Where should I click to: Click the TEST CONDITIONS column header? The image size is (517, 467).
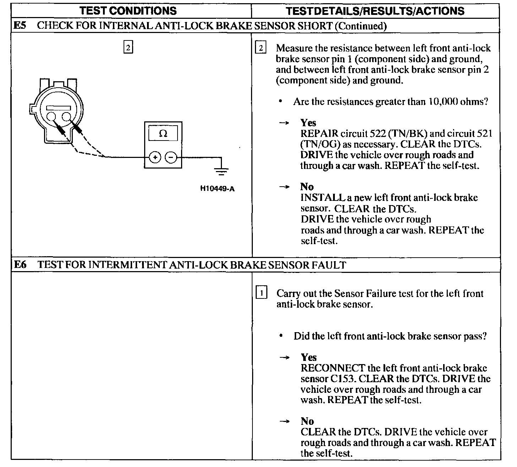(x=128, y=11)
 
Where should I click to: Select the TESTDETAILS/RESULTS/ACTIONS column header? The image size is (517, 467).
(x=375, y=11)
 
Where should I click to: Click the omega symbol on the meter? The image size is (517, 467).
(x=163, y=134)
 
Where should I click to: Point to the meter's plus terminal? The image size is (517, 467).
(x=155, y=157)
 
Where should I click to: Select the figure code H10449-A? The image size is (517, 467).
(x=217, y=189)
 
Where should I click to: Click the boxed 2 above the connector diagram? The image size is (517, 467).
(x=128, y=47)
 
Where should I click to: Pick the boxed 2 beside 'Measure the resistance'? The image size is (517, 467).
(x=261, y=48)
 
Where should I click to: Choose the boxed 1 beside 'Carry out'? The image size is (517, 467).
(x=261, y=293)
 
